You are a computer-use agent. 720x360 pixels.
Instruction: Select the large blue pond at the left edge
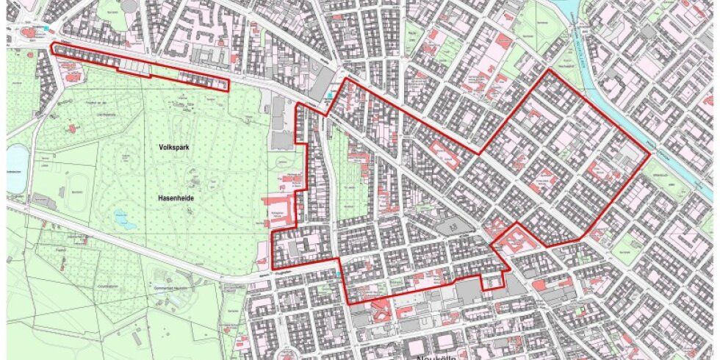coord(16,168)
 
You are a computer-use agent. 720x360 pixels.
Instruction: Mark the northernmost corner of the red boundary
coord(546,71)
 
